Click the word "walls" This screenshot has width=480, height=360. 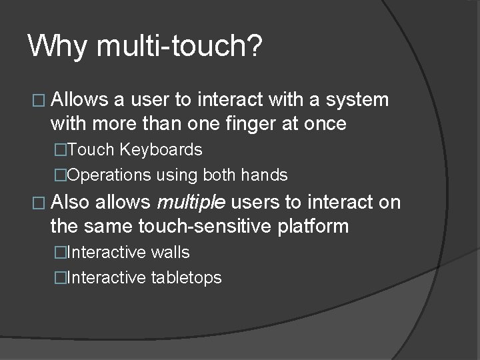click(169, 253)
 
